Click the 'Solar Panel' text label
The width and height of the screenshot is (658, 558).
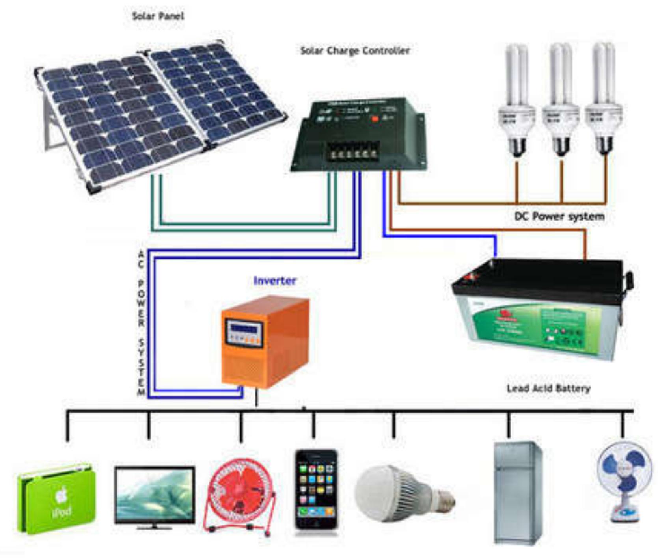(x=158, y=16)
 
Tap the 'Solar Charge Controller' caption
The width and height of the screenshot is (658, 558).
(x=355, y=51)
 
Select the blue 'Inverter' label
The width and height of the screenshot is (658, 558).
(x=274, y=281)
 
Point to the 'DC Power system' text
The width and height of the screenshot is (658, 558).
(x=559, y=216)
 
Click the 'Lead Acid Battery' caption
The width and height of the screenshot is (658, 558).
(x=548, y=389)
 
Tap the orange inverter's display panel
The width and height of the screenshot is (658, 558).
(x=244, y=332)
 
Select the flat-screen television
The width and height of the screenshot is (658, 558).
(x=155, y=497)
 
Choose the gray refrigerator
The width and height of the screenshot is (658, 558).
(x=518, y=493)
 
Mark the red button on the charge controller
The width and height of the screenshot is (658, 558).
(x=375, y=118)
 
